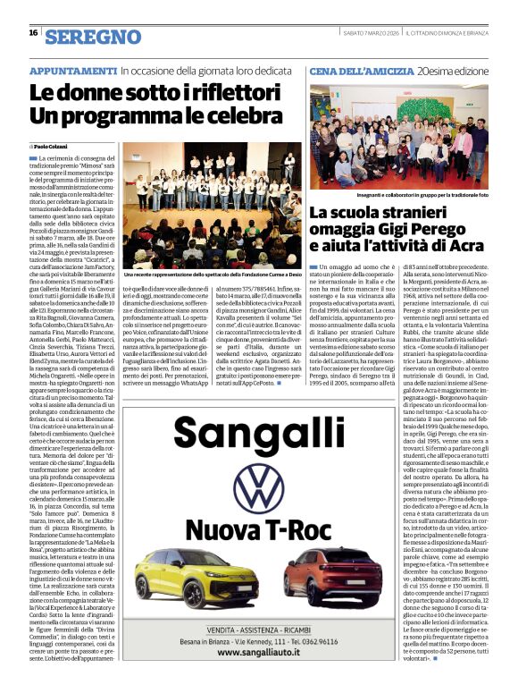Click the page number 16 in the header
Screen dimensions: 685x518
tap(33, 33)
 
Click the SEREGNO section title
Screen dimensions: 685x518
tap(93, 36)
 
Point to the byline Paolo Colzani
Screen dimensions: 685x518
tap(54, 146)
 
